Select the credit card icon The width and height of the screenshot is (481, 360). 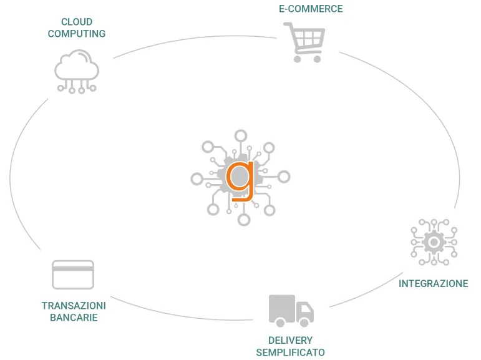[x=73, y=275]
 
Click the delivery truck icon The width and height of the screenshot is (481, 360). [x=291, y=310]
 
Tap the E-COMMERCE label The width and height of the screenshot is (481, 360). [x=311, y=9]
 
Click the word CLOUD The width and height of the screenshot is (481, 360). [x=77, y=22]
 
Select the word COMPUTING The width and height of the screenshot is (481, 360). [x=77, y=34]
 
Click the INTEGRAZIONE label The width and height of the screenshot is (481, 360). [x=434, y=284]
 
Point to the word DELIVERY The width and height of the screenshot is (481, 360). [x=290, y=341]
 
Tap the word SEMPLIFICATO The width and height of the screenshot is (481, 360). [x=290, y=353]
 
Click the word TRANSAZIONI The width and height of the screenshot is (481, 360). [x=74, y=306]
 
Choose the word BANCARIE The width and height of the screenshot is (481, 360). [x=74, y=318]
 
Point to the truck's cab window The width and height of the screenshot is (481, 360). [x=305, y=307]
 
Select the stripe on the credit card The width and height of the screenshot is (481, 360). [x=73, y=268]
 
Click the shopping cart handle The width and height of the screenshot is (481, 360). [x=288, y=25]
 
